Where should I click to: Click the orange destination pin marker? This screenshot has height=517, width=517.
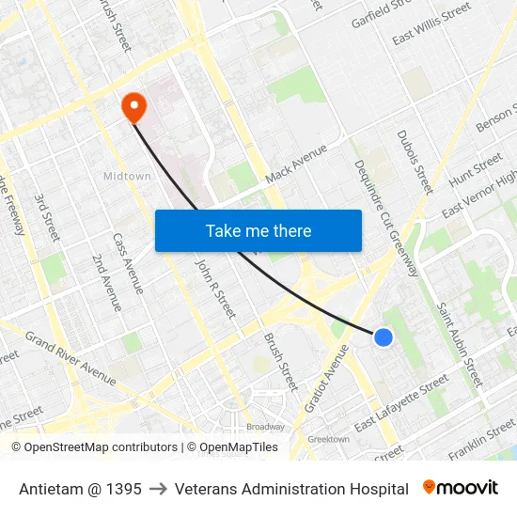(134, 107)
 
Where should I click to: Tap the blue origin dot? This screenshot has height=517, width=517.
(383, 337)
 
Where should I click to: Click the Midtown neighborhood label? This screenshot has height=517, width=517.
(127, 176)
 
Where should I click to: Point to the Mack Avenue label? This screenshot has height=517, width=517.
(296, 163)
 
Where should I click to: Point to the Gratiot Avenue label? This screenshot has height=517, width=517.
(326, 378)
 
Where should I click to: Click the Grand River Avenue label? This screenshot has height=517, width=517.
(70, 357)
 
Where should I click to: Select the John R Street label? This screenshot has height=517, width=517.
(213, 289)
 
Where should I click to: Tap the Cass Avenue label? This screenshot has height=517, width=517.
(128, 263)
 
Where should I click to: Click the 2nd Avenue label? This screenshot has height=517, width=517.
(106, 282)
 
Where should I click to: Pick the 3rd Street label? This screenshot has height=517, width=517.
(47, 217)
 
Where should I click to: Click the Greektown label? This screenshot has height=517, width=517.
(329, 439)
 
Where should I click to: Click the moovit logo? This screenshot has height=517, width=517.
(461, 488)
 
